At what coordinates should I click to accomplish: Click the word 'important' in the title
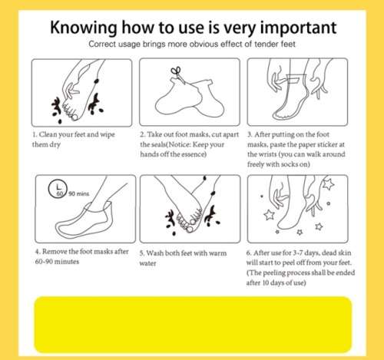(298, 28)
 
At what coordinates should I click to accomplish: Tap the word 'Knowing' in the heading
(83, 28)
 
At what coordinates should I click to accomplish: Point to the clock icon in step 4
(58, 189)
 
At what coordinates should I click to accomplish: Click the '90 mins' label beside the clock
(79, 193)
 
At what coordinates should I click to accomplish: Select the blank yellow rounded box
(193, 325)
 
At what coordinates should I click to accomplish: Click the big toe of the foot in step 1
(74, 117)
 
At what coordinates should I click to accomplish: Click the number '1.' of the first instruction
(35, 134)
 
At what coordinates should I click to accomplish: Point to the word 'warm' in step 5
(217, 253)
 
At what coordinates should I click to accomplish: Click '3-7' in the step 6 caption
(297, 253)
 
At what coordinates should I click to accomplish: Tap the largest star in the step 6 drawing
(328, 184)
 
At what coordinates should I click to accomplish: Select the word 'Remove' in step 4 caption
(53, 252)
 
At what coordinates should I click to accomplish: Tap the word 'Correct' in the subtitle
(100, 44)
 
